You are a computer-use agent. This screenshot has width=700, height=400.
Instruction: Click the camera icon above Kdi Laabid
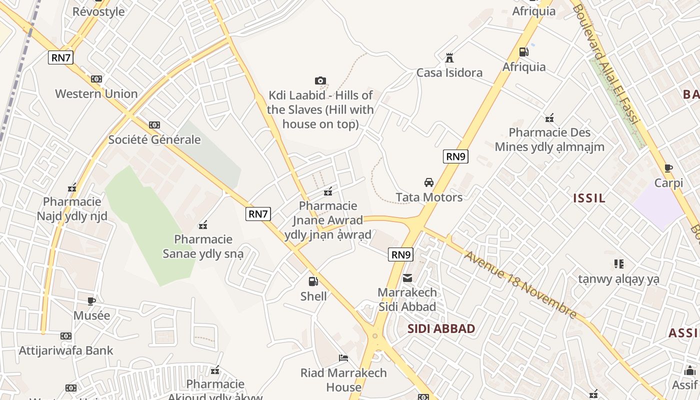[320, 80]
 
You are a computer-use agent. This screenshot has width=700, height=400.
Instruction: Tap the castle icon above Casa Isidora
[449, 57]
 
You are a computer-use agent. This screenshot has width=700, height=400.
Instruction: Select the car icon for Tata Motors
[429, 182]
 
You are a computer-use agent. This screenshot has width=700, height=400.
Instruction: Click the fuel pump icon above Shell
[313, 281]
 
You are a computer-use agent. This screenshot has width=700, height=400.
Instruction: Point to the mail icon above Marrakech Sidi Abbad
[407, 277]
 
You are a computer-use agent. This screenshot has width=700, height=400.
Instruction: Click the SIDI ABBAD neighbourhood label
[441, 328]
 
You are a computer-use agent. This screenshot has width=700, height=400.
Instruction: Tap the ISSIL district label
[589, 198]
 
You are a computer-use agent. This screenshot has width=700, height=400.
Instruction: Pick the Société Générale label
[154, 139]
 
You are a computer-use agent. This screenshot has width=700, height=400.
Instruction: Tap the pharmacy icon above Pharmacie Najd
[72, 188]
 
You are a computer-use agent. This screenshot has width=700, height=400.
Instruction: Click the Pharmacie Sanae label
[203, 246]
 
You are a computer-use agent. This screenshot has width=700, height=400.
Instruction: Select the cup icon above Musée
[91, 301]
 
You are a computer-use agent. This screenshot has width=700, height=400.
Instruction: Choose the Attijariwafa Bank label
[66, 350]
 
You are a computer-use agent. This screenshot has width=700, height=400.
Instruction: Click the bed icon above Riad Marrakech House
[343, 358]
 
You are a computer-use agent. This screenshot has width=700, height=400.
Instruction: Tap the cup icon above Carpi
[668, 168]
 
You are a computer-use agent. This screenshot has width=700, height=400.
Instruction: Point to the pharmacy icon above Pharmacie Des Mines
[549, 118]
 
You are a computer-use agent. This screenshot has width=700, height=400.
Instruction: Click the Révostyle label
[98, 11]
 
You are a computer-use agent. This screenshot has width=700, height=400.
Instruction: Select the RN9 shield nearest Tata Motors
[455, 156]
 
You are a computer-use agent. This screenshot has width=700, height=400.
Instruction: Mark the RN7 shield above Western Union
[61, 57]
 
